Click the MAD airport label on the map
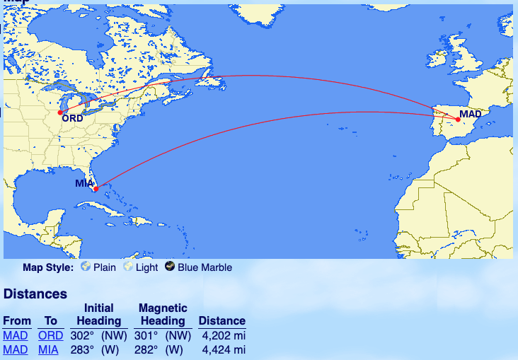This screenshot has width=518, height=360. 470,114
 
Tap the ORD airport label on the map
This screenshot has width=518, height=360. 72,118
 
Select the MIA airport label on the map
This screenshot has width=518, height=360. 84,183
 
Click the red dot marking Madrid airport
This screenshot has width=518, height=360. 459,120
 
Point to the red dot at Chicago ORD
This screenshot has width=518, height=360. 60,112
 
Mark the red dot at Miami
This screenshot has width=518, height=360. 96,188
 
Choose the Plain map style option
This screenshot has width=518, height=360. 98,267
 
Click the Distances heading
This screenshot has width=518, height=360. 35,294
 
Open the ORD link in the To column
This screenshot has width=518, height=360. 50,336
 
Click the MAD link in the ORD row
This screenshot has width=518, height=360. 16,336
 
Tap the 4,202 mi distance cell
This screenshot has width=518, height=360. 223,336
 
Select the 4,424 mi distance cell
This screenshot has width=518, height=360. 223,349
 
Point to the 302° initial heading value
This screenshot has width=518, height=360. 82,336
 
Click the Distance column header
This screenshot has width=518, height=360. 222,321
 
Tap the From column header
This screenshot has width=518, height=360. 17,321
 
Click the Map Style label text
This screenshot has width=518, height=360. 48,267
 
